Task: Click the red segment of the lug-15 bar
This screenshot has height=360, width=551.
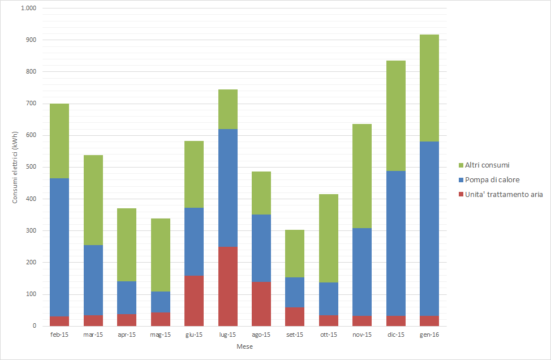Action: (227, 286)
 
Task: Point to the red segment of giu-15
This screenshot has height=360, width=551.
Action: (194, 301)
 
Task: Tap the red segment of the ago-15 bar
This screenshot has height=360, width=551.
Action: (261, 303)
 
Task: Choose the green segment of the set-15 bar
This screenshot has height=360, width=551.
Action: (295, 253)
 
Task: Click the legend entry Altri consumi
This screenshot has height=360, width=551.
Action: (487, 165)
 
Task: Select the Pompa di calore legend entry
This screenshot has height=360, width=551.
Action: (492, 180)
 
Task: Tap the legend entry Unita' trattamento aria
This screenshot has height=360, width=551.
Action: (503, 195)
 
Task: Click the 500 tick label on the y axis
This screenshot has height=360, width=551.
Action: (32, 168)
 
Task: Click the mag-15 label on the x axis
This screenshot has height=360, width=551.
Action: (160, 335)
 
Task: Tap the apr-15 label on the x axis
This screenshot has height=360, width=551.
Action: (127, 335)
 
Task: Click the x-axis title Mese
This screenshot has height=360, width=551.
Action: (244, 346)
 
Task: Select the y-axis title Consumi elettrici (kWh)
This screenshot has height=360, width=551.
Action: (15, 168)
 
